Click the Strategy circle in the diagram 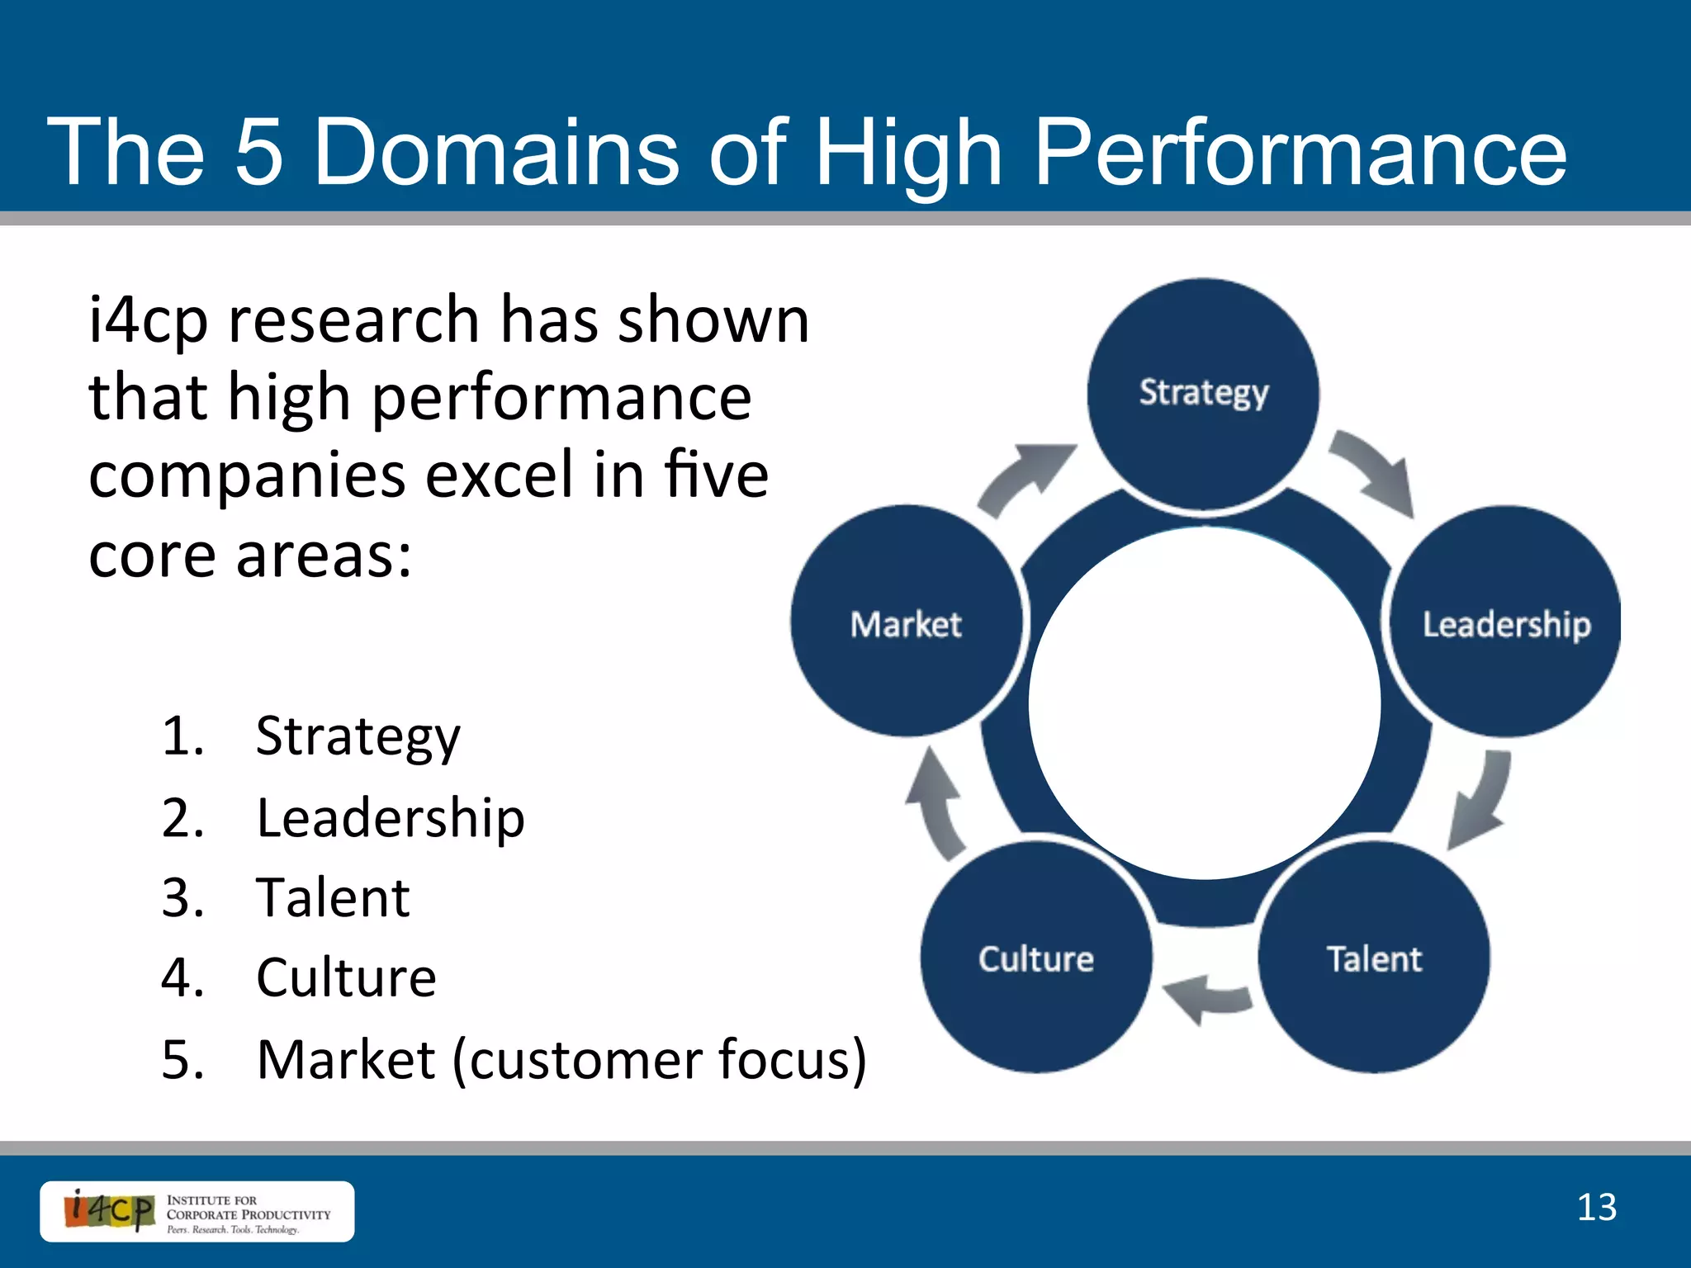(1203, 394)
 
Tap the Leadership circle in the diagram (1505, 622)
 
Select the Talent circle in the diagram (1374, 958)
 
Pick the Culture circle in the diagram (1036, 958)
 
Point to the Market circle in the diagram (906, 622)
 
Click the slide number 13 (1596, 1208)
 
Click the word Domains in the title (496, 152)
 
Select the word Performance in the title (1300, 152)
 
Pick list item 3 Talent (333, 897)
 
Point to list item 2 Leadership (390, 818)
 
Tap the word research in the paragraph (353, 320)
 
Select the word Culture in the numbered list (346, 977)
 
